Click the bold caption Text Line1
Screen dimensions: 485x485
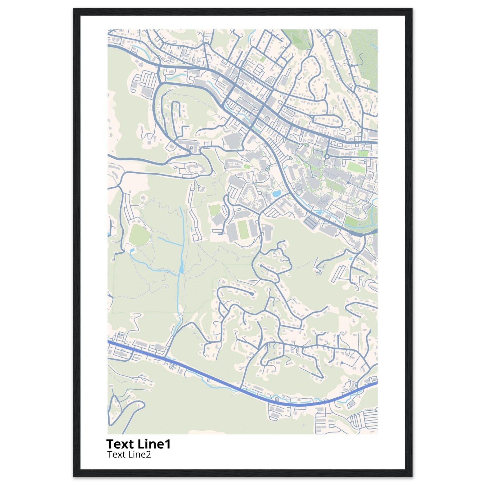(x=138, y=444)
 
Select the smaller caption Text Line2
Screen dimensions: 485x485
(x=129, y=454)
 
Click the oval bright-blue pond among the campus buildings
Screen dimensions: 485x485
(x=276, y=193)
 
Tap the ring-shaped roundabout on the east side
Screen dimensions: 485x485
(x=327, y=156)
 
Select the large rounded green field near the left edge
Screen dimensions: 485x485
(x=139, y=235)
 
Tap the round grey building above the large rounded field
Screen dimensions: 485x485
(x=143, y=198)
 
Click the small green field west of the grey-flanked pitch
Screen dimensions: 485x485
(x=215, y=210)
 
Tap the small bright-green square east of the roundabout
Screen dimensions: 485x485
(x=362, y=154)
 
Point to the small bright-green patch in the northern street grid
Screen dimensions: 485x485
(x=263, y=59)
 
